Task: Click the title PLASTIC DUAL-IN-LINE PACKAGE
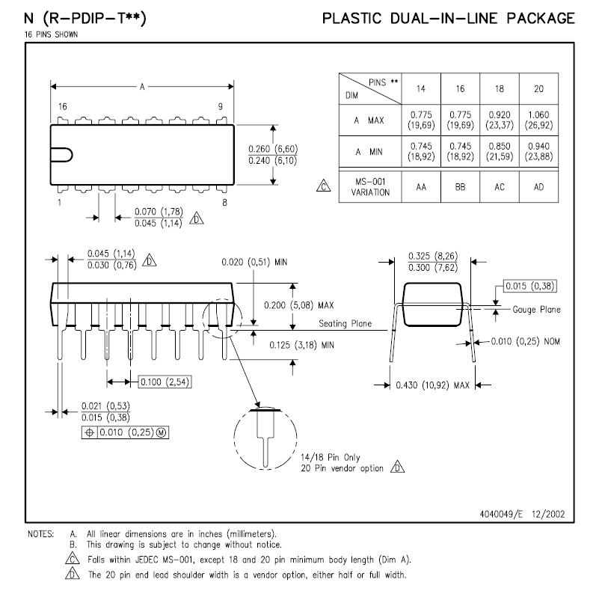tap(449, 18)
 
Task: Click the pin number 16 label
tap(62, 107)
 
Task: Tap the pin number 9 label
tap(220, 107)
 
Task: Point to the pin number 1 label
tap(59, 203)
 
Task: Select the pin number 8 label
tap(224, 203)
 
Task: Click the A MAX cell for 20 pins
tap(538, 120)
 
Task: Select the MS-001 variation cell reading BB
tap(461, 187)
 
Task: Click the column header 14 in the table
tap(421, 89)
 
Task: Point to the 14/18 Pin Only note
tap(331, 456)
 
